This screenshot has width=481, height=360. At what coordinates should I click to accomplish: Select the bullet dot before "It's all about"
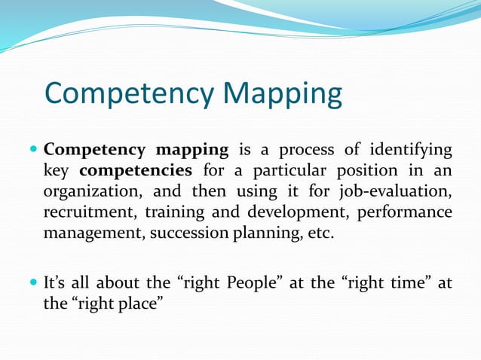[x=33, y=283]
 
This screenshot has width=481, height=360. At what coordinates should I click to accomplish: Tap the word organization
[x=88, y=191]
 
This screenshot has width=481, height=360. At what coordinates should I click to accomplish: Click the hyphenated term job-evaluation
[x=397, y=191]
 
